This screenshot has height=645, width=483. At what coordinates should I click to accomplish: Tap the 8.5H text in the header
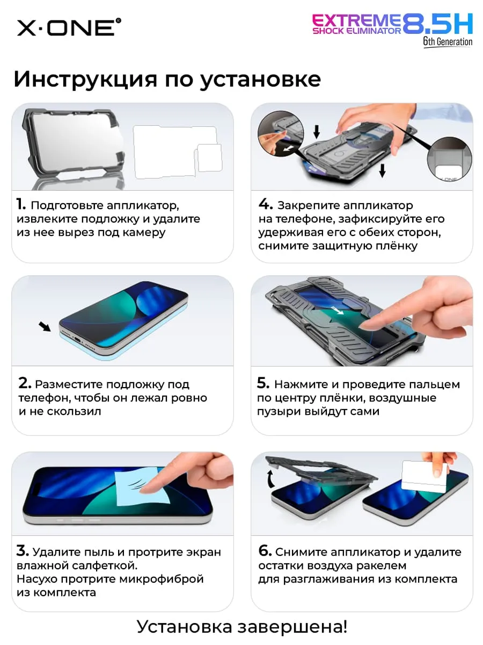pyautogui.click(x=437, y=24)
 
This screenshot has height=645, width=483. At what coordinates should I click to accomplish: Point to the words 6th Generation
pyautogui.click(x=448, y=42)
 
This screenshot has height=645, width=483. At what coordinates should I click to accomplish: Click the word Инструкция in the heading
pyautogui.click(x=85, y=80)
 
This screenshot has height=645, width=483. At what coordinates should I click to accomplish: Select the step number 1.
pyautogui.click(x=21, y=204)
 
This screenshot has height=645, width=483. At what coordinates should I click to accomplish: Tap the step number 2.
pyautogui.click(x=25, y=383)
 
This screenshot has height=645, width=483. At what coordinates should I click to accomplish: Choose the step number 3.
pyautogui.click(x=23, y=550)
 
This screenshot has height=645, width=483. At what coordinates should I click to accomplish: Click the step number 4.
pyautogui.click(x=266, y=204)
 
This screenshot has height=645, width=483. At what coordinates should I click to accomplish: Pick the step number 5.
pyautogui.click(x=263, y=383)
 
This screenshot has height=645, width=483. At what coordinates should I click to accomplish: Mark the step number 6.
pyautogui.click(x=265, y=550)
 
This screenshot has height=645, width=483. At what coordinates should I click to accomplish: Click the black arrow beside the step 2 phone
pyautogui.click(x=45, y=326)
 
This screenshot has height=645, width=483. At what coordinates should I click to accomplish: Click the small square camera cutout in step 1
pyautogui.click(x=209, y=158)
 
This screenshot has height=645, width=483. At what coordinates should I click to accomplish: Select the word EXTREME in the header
pyautogui.click(x=356, y=20)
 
